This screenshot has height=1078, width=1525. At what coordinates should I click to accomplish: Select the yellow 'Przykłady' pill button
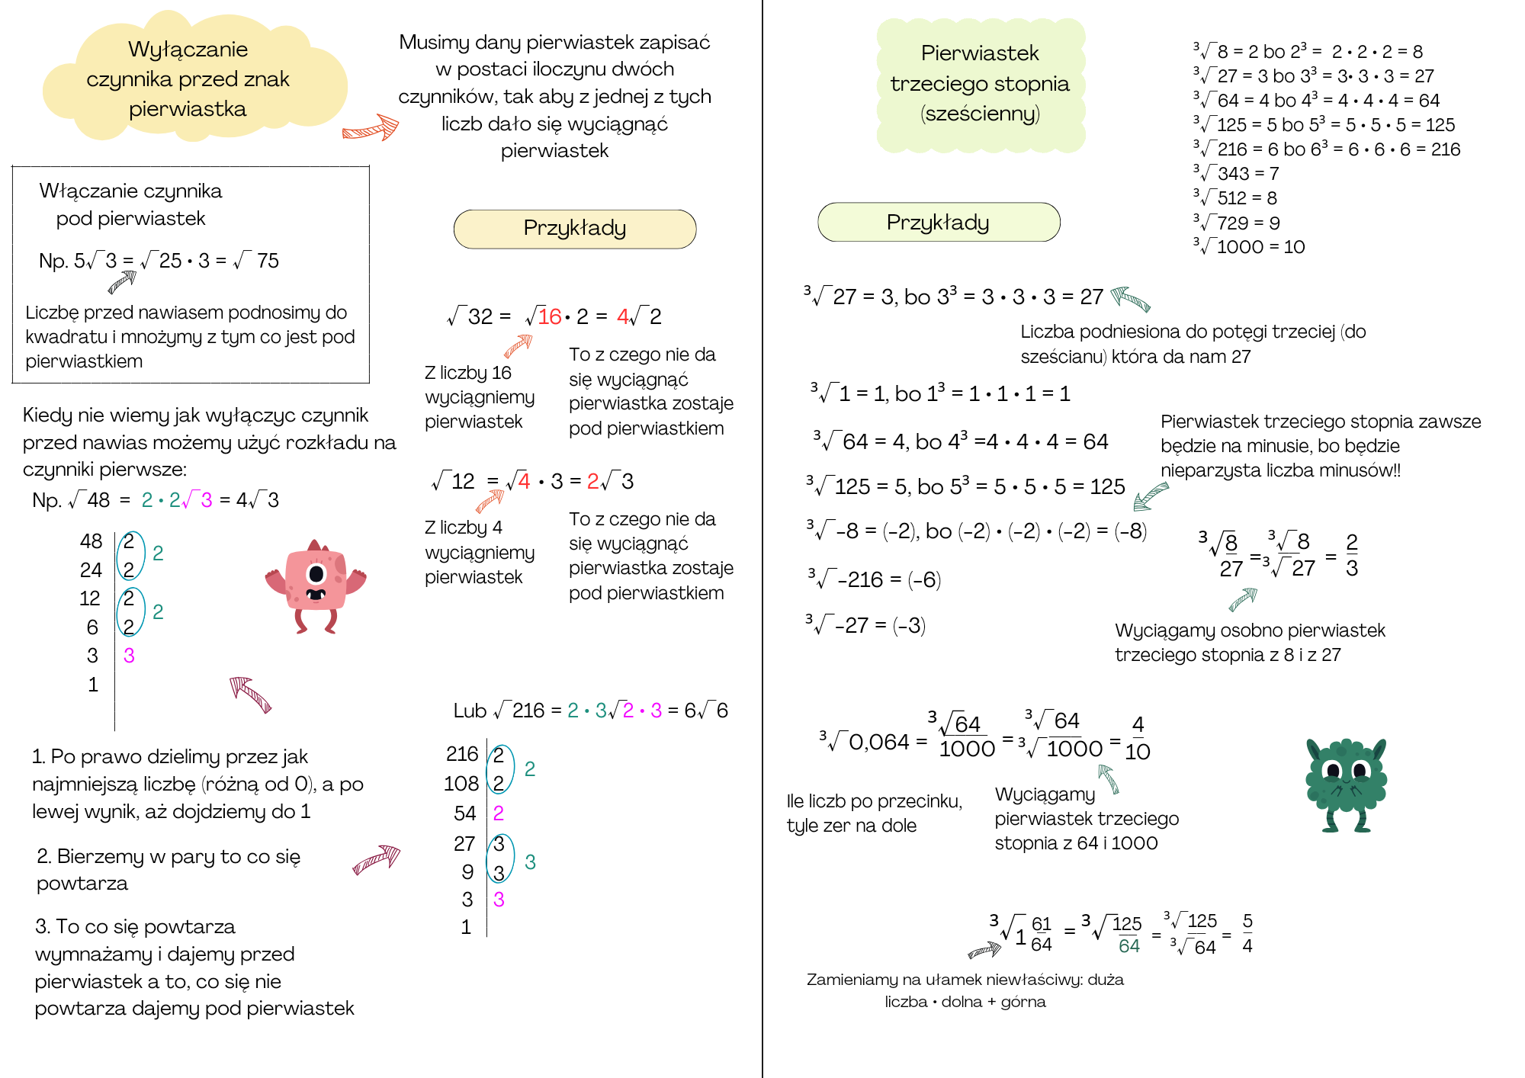click(x=574, y=229)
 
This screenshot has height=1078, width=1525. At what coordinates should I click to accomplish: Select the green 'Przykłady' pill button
click(x=938, y=223)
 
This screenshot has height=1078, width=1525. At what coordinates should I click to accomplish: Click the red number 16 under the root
click(x=549, y=316)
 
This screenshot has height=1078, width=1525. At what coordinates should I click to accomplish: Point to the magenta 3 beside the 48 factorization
click(x=129, y=656)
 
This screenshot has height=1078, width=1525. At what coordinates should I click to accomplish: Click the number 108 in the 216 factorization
click(x=461, y=784)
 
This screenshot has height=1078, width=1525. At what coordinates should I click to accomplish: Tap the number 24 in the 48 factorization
click(x=91, y=569)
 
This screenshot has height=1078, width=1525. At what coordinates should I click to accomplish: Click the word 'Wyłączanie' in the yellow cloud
click(x=188, y=50)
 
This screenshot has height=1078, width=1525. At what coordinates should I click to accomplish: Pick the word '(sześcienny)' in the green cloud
click(x=980, y=114)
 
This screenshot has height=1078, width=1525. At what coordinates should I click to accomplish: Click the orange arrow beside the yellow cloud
click(x=371, y=128)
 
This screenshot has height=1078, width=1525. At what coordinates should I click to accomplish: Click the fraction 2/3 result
click(x=1352, y=555)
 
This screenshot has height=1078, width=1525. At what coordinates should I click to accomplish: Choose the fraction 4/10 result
click(x=1138, y=738)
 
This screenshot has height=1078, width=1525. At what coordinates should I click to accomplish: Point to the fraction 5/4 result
click(x=1247, y=933)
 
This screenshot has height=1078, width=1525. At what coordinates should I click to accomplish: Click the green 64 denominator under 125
click(x=1128, y=946)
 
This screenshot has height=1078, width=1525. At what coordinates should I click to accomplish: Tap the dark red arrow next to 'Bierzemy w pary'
click(x=377, y=858)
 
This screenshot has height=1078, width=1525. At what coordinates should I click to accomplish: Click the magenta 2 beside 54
click(x=499, y=813)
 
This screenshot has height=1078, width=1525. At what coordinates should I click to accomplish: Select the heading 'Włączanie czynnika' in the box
click(x=130, y=191)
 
